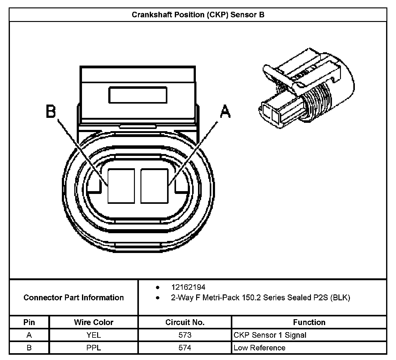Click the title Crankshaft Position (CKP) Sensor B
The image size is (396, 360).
point(198,15)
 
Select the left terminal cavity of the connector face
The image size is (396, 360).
point(121,186)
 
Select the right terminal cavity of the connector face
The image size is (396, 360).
point(154,186)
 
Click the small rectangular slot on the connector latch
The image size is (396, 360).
point(138,95)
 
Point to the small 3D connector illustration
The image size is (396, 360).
point(306,90)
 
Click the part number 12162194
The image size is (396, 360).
point(188,287)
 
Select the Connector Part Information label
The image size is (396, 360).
point(74,298)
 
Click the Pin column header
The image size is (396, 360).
point(29,322)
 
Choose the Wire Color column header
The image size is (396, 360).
point(93,322)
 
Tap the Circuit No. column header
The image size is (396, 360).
point(185,322)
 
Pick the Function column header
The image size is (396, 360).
point(309,322)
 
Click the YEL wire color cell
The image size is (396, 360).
point(93,335)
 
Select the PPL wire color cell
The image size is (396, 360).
point(93,348)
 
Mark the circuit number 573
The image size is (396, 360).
point(185,335)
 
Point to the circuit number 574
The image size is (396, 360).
point(185,348)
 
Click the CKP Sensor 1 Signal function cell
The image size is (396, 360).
point(270,335)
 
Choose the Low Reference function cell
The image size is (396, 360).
point(259,348)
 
